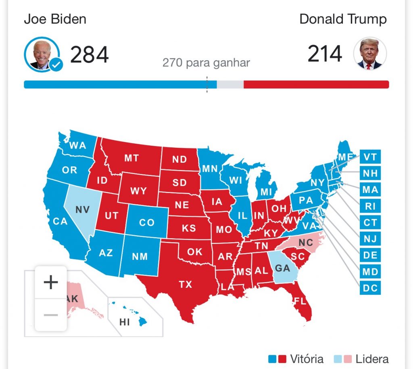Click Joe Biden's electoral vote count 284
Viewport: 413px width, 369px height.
pos(89,55)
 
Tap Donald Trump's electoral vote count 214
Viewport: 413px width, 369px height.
pos(325,54)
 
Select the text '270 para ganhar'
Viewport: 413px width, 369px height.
pos(206,63)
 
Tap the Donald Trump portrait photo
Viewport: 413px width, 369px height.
pos(370,54)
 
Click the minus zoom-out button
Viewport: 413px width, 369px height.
pos(51,314)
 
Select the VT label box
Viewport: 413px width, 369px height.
pos(370,157)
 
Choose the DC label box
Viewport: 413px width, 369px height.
pos(370,288)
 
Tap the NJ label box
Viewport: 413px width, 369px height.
pos(370,239)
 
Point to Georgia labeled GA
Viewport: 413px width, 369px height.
pos(282,267)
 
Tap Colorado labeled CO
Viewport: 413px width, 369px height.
pos(147,222)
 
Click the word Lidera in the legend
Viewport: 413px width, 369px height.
pos(372,359)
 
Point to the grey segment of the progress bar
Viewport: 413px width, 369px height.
pos(230,84)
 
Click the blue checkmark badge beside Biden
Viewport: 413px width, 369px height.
pos(56,64)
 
